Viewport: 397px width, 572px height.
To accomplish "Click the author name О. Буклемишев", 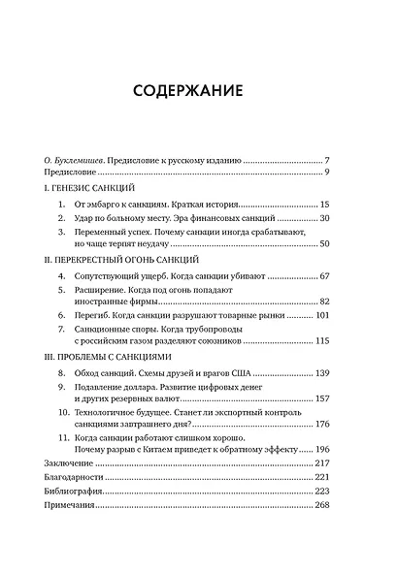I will point(78,159).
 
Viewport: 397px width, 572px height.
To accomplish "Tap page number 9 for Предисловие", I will point(328,172).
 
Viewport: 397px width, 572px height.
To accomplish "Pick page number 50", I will point(325,246).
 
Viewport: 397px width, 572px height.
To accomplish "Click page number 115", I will point(323,340).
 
